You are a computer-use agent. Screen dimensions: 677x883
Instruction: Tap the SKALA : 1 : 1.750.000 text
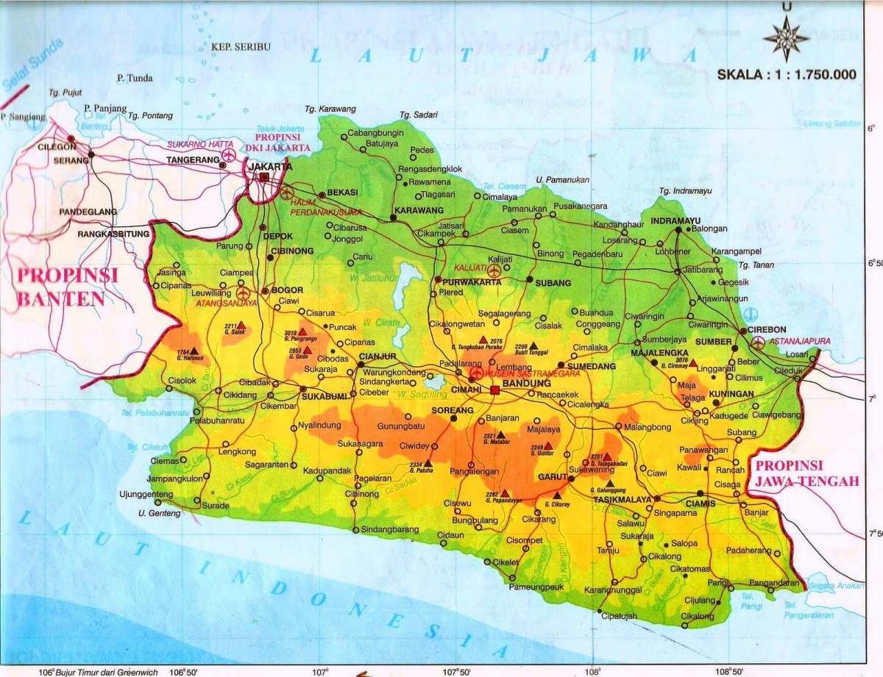tap(787, 74)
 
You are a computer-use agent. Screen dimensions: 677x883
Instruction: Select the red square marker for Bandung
tap(495, 390)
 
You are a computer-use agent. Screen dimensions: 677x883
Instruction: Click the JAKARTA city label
tap(271, 166)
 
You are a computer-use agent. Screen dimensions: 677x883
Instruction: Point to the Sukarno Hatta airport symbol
tap(228, 155)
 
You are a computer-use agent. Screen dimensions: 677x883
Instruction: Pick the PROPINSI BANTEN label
tap(67, 287)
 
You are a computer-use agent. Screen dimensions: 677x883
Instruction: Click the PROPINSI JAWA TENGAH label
tap(807, 473)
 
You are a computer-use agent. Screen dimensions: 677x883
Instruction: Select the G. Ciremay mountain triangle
tap(692, 363)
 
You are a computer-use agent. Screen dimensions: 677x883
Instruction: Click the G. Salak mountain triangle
tap(241, 324)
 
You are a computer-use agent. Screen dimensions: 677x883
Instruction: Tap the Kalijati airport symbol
tap(493, 271)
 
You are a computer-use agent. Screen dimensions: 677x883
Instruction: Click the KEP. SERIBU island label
tap(241, 47)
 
